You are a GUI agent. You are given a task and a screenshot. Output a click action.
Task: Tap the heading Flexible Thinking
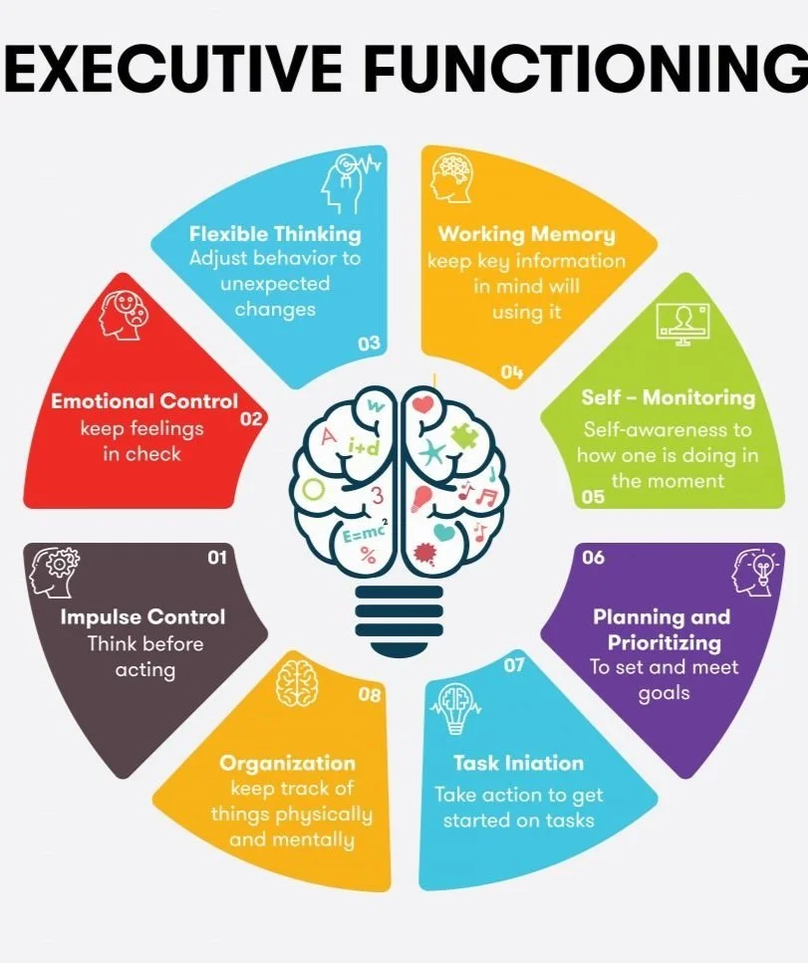(275, 235)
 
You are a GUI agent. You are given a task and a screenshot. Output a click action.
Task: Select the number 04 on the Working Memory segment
(512, 372)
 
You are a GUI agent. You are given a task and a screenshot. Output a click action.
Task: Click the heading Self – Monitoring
(668, 397)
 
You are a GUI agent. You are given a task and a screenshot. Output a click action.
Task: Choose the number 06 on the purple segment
(593, 557)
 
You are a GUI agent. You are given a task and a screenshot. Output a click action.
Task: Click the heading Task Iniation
(518, 764)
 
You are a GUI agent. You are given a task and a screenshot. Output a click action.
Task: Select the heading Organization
(287, 764)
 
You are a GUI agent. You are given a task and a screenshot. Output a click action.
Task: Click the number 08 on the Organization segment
(370, 695)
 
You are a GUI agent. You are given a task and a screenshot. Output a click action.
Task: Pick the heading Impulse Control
(142, 616)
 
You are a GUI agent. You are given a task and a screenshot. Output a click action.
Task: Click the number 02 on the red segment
(251, 419)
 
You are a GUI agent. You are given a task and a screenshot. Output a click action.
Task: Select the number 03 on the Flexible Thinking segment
(369, 344)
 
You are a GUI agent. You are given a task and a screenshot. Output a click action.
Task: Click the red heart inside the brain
(424, 405)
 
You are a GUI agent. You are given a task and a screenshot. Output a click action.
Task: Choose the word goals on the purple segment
(664, 692)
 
